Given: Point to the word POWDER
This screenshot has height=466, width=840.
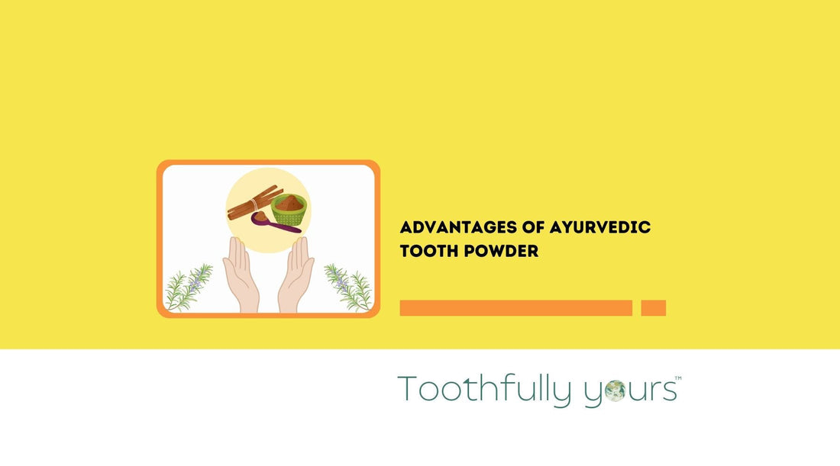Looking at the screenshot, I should tap(502, 250).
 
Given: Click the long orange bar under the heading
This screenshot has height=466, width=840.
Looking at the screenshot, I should tap(515, 308).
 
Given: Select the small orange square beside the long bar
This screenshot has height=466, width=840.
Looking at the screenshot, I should tap(653, 308).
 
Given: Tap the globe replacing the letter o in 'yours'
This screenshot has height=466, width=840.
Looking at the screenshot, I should tap(615, 390).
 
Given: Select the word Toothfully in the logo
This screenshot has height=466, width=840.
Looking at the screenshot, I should tap(483, 390).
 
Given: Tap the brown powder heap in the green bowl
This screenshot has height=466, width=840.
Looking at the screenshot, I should tap(289, 202).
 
